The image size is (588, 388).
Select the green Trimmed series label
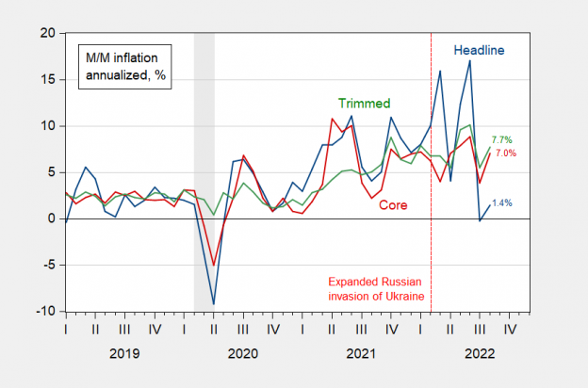364,102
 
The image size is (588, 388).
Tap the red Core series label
394,204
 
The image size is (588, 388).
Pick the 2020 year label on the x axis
242,353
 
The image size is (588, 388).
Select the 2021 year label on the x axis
360,353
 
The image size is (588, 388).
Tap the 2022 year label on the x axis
478,353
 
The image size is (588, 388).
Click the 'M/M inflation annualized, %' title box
124,65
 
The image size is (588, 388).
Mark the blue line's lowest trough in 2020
214,303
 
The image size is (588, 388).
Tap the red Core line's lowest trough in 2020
214,265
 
